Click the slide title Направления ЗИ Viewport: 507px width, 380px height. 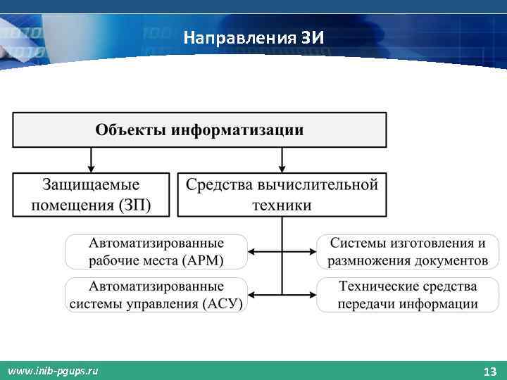click(x=254, y=37)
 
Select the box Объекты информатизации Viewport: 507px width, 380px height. click(x=199, y=130)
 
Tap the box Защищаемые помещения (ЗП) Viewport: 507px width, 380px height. click(x=91, y=194)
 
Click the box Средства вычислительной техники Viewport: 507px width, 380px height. click(x=282, y=194)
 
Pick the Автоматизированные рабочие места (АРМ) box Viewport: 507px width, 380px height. click(x=156, y=252)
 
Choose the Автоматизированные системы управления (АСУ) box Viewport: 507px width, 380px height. click(x=156, y=295)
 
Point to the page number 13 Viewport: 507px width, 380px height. click(x=489, y=371)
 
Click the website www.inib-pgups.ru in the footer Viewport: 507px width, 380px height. click(x=54, y=371)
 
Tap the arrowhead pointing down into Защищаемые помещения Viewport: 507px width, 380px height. click(x=91, y=167)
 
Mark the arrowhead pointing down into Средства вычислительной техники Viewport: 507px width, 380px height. click(x=282, y=167)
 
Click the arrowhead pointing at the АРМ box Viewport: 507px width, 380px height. click(x=253, y=252)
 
